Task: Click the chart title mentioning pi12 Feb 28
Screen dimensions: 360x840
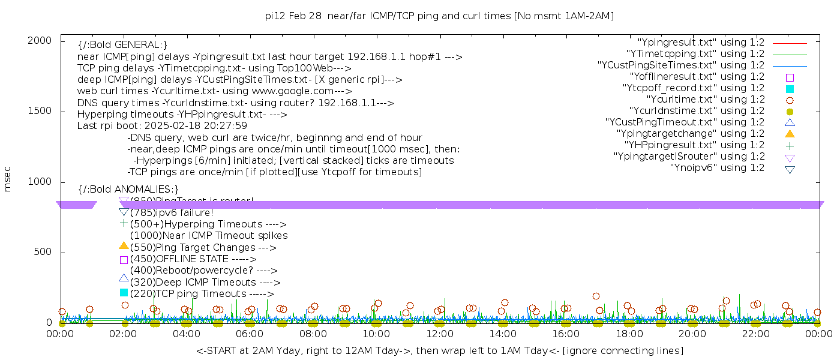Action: pos(439,16)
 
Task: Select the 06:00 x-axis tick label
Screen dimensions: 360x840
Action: pos(250,334)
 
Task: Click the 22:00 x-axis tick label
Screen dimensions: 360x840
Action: pos(755,334)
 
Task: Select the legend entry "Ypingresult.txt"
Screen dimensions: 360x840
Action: pos(701,43)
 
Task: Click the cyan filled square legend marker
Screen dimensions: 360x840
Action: pos(790,88)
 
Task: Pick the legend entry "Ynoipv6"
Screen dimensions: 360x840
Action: pos(717,168)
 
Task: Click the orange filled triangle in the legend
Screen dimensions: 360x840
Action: pos(790,134)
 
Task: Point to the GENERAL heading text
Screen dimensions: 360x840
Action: pos(122,45)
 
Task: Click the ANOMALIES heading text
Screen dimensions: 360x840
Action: pos(128,190)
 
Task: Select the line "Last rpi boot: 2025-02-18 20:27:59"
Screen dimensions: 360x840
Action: pos(162,126)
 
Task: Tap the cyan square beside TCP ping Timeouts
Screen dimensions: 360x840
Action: pos(124,293)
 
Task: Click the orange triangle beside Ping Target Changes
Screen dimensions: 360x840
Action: pos(124,245)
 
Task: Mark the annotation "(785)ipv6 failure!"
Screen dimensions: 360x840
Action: pos(172,213)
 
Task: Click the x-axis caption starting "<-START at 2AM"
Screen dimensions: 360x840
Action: pos(439,350)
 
